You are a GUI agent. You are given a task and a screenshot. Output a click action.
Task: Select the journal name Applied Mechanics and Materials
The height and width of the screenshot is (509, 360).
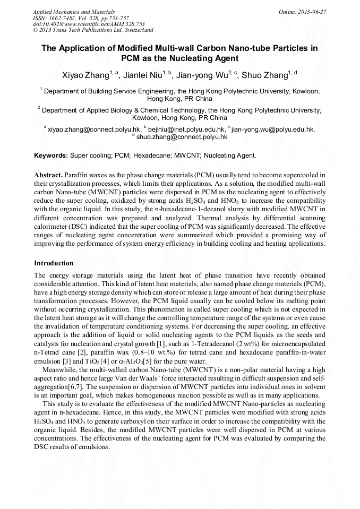pyautogui.click(x=74, y=12)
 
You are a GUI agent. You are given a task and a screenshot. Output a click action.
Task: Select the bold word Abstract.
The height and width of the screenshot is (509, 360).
pyautogui.click(x=48, y=175)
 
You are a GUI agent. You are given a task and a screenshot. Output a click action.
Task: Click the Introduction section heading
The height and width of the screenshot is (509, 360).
pyautogui.click(x=54, y=263)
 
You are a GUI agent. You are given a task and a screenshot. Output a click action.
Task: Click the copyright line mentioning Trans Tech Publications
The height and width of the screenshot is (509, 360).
pyautogui.click(x=93, y=30)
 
